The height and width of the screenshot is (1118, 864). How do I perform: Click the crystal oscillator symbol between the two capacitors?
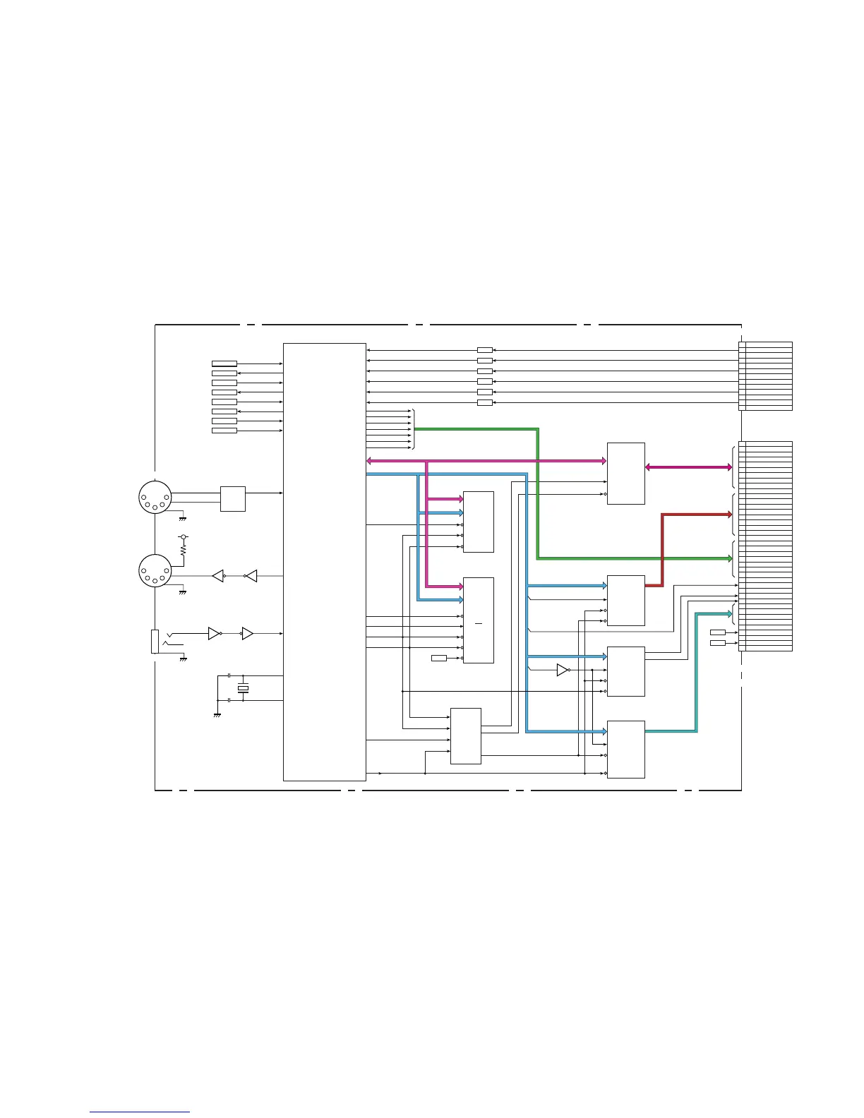pyautogui.click(x=244, y=688)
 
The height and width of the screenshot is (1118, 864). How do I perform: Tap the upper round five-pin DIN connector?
pyautogui.click(x=155, y=496)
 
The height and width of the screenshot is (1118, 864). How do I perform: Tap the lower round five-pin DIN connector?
pyautogui.click(x=155, y=571)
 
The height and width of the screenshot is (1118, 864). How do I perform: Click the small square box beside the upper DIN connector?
pyautogui.click(x=233, y=498)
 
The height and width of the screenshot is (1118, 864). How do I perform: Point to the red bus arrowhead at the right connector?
pyautogui.click(x=729, y=515)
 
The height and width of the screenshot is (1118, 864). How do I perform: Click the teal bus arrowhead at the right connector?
pyautogui.click(x=729, y=614)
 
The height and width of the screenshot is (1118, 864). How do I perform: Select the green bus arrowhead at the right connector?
pyautogui.click(x=729, y=558)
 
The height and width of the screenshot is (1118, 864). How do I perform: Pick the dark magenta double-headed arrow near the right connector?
pyautogui.click(x=688, y=467)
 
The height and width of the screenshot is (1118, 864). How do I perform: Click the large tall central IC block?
pyautogui.click(x=325, y=562)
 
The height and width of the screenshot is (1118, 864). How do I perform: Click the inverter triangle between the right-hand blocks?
pyautogui.click(x=562, y=670)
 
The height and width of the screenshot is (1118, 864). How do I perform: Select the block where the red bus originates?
pyautogui.click(x=625, y=600)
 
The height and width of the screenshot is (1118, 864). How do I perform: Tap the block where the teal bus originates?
pyautogui.click(x=625, y=749)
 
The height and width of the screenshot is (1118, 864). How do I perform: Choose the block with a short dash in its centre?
pyautogui.click(x=478, y=620)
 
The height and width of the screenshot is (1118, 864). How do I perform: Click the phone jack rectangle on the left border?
pyautogui.click(x=155, y=641)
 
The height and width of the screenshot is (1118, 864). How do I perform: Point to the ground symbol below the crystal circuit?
pyautogui.click(x=217, y=715)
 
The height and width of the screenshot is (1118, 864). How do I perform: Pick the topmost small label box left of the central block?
pyautogui.click(x=224, y=363)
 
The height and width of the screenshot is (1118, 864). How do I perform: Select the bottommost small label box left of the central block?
pyautogui.click(x=224, y=431)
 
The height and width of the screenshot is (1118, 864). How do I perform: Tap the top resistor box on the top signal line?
pyautogui.click(x=484, y=350)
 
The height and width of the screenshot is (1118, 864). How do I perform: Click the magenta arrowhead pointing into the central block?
pyautogui.click(x=370, y=462)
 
